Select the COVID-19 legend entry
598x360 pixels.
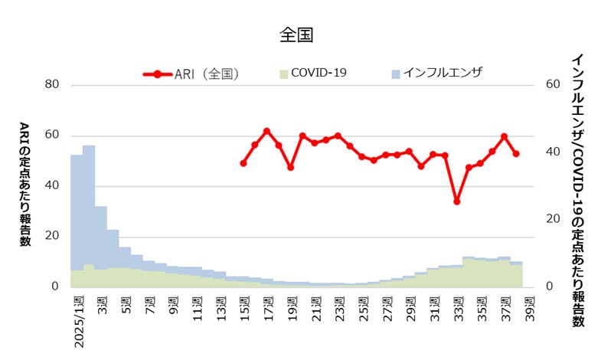(x=312, y=74)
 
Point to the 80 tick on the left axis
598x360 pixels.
(x=52, y=85)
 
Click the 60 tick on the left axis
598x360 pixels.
(x=52, y=136)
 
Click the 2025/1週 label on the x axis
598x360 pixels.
(x=80, y=320)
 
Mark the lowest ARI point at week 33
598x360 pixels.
(x=456, y=201)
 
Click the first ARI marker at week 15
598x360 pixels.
(x=243, y=163)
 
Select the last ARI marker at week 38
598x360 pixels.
(x=517, y=154)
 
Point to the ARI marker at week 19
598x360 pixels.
(x=291, y=167)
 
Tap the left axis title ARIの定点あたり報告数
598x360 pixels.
(x=25, y=184)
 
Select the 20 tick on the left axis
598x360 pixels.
(x=52, y=237)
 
